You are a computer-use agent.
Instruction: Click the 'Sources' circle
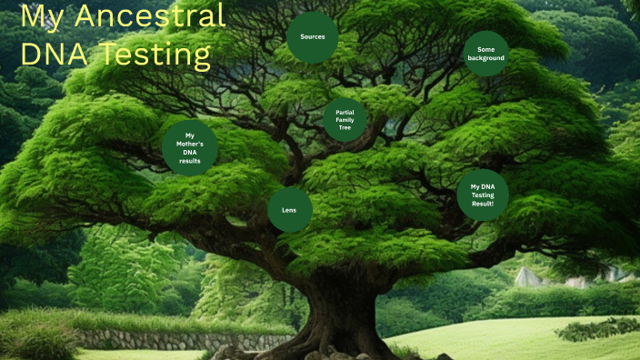click(x=313, y=37)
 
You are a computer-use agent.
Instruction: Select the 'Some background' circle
click(x=485, y=54)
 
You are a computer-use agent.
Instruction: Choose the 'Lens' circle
click(x=289, y=210)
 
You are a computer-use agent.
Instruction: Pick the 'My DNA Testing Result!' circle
click(x=483, y=195)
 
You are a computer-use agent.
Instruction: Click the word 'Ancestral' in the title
click(x=149, y=16)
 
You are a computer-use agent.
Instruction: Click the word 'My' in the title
click(x=42, y=16)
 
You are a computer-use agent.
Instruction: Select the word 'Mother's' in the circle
click(x=190, y=144)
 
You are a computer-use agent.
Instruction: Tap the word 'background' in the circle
click(x=485, y=58)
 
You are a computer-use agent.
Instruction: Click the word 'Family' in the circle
click(x=345, y=120)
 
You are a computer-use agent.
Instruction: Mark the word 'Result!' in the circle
click(x=483, y=204)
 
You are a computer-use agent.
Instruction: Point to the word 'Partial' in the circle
click(x=345, y=112)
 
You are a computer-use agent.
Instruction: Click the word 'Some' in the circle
click(x=485, y=49)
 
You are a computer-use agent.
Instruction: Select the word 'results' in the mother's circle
click(x=190, y=160)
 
